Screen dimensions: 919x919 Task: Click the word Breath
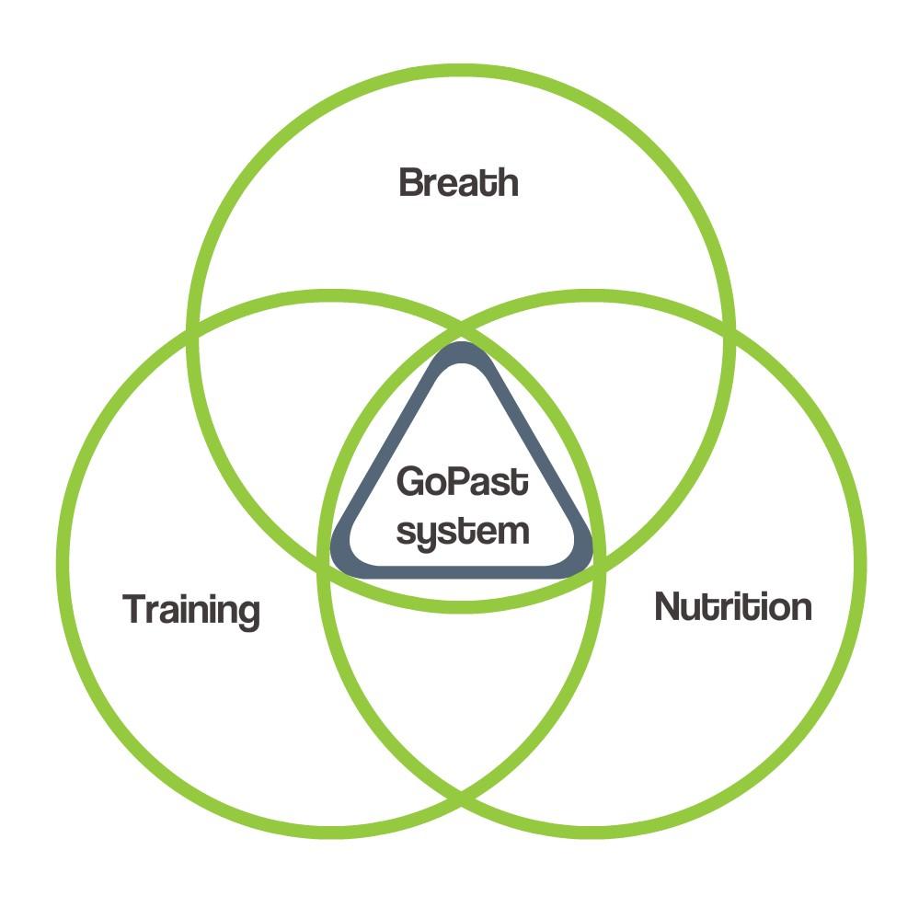tap(459, 182)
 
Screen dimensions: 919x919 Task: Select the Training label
tap(191, 609)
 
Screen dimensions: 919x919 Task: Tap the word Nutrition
tap(732, 607)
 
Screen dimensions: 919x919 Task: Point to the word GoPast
tap(463, 482)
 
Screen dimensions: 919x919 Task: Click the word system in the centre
tap(463, 532)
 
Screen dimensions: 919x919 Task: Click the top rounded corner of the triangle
tap(462, 353)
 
